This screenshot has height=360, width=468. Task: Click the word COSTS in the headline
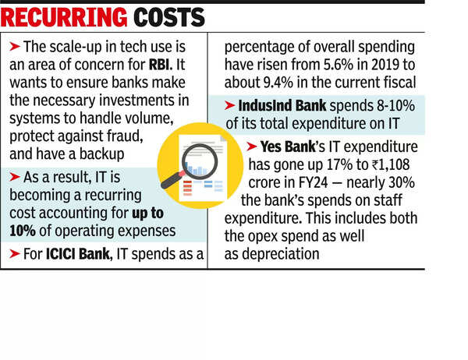[165, 16]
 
